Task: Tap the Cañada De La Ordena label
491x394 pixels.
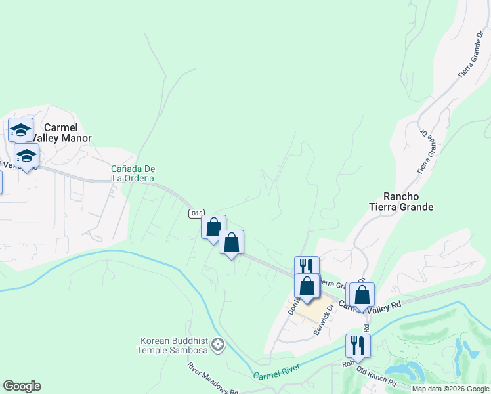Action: tap(133, 173)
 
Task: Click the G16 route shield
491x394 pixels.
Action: tap(197, 214)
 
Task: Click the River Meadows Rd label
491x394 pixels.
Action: tap(213, 379)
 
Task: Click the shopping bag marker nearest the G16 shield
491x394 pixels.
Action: tap(213, 227)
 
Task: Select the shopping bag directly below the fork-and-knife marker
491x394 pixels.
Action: tap(307, 286)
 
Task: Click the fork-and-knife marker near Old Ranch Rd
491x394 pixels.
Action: tap(358, 345)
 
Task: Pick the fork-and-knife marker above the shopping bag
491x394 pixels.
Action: tap(307, 266)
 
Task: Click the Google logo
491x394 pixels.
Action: tap(22, 386)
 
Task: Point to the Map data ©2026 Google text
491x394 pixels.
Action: tap(450, 389)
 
